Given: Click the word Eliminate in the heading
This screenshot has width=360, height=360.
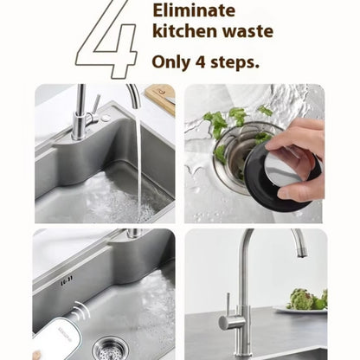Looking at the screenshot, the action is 194,10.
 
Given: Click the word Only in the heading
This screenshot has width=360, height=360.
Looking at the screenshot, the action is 171,62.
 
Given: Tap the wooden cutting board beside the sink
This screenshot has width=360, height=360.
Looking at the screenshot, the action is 160,98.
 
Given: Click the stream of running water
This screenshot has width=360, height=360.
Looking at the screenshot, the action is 139,162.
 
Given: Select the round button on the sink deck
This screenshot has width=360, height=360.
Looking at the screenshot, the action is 106,118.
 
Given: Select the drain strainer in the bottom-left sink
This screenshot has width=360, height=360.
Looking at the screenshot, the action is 110,349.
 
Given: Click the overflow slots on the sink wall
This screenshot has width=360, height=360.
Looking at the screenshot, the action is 67,280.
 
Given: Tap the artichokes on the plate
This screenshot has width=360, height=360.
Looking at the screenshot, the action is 307,299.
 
